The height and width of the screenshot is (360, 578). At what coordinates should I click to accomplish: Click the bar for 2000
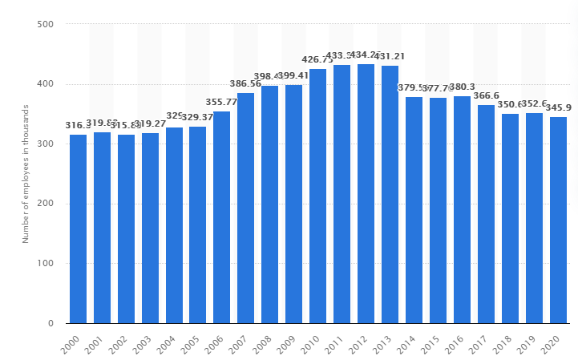[78, 229]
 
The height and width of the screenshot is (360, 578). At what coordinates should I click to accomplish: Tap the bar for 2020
[558, 220]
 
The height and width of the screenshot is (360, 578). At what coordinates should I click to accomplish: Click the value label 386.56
[246, 83]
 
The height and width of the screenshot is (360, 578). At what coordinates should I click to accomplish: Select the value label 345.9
[559, 107]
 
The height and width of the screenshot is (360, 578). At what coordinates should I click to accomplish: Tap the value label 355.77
[222, 102]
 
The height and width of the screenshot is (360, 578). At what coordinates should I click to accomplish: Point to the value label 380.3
[463, 87]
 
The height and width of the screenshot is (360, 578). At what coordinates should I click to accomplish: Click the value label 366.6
[487, 95]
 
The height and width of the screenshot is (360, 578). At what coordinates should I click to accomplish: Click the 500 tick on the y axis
[45, 25]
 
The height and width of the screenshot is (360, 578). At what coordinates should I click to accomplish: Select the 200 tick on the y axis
[45, 204]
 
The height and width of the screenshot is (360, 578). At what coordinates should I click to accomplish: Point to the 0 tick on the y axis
[50, 324]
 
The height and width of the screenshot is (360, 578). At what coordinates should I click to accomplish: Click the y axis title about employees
[25, 174]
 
